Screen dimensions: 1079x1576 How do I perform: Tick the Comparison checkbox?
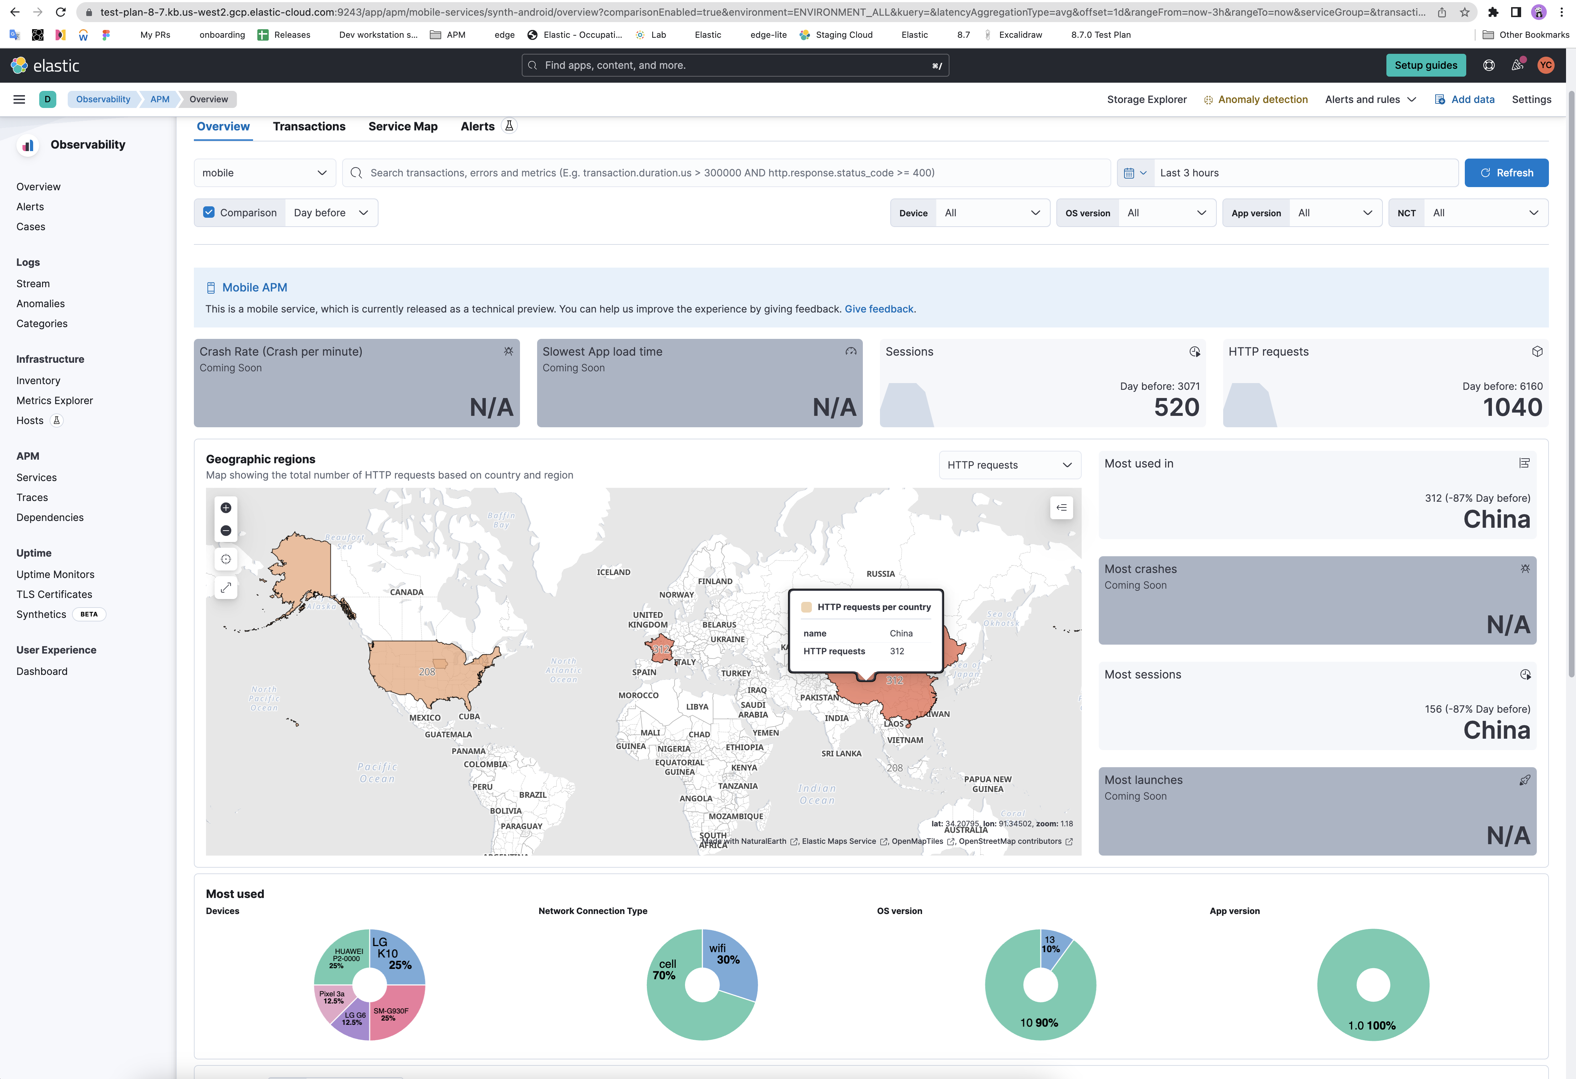click(209, 212)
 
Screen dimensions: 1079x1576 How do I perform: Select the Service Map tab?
click(403, 126)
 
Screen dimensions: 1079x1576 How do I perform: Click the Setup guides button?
click(1426, 65)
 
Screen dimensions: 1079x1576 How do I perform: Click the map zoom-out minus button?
click(226, 530)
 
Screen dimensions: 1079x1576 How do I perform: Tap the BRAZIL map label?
click(532, 795)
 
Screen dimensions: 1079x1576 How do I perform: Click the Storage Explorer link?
click(1146, 99)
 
